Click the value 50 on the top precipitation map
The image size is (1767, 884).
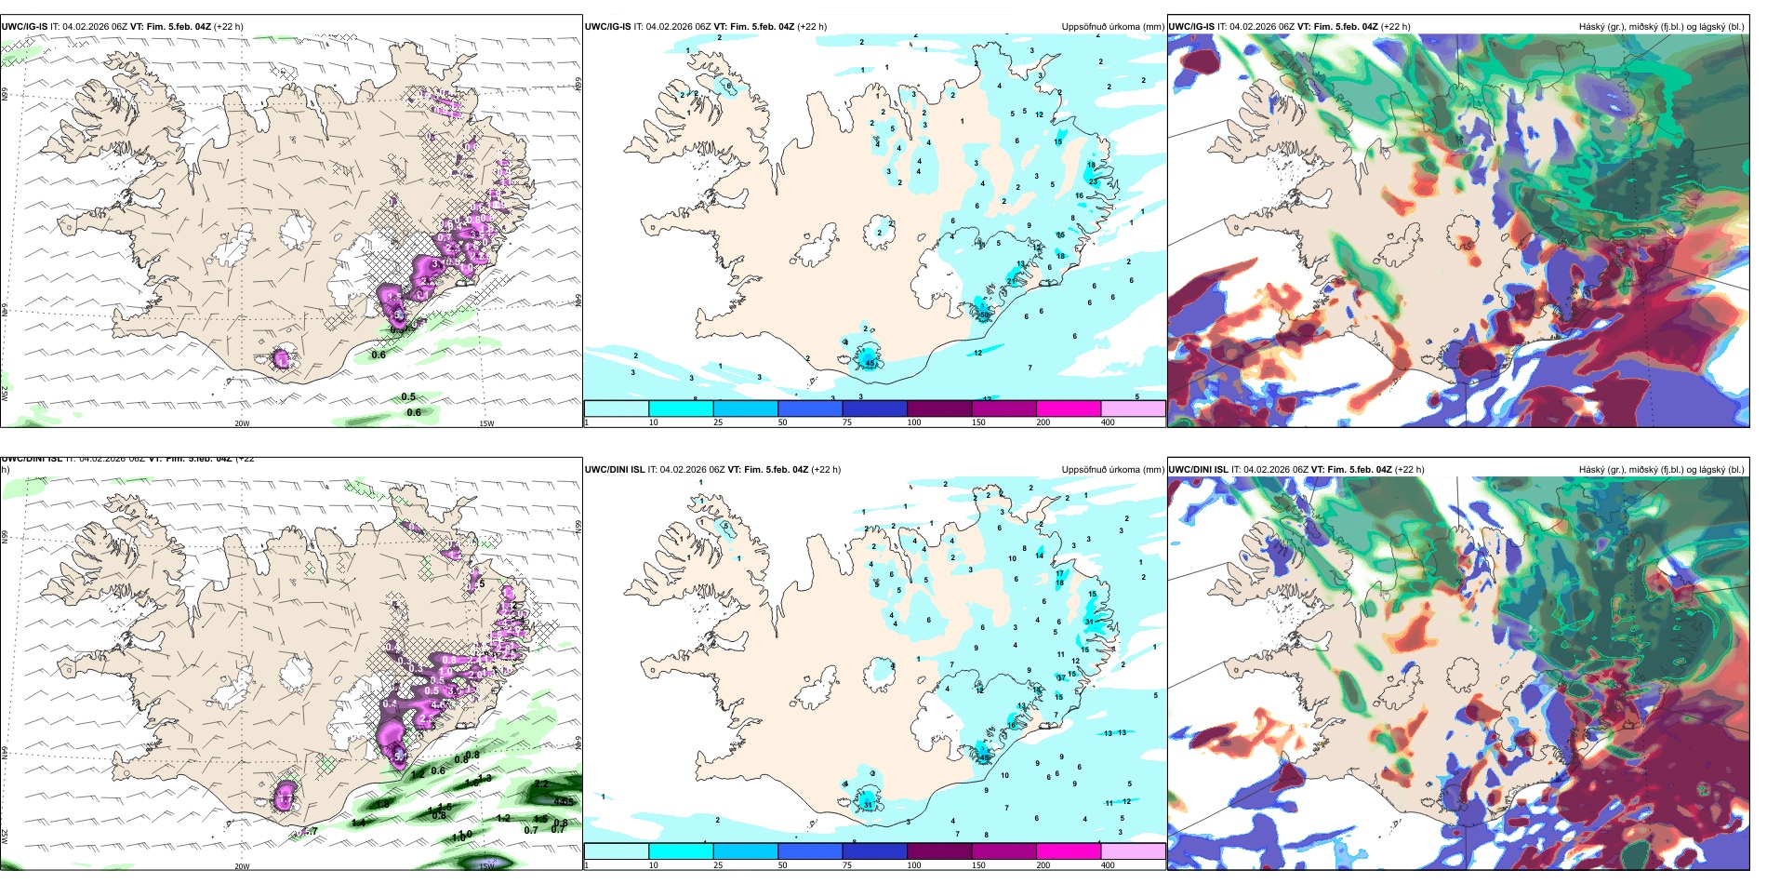(984, 315)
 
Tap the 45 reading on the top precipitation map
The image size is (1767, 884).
(870, 362)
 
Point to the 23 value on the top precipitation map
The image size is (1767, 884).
(1094, 181)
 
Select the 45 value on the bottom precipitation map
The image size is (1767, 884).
(984, 757)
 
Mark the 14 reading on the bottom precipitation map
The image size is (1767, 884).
(1040, 556)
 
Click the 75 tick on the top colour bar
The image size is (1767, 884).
(847, 422)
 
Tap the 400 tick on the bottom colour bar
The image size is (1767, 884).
(1108, 865)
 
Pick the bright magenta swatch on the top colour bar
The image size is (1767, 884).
(1068, 408)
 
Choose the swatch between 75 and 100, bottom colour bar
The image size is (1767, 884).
(874, 851)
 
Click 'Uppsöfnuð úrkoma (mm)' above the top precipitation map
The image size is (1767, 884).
(1112, 27)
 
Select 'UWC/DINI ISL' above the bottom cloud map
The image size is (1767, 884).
(1198, 470)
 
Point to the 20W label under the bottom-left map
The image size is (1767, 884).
(242, 866)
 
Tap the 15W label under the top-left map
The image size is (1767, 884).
(486, 423)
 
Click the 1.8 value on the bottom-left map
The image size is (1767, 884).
(382, 804)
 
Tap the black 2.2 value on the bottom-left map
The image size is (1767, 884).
(541, 784)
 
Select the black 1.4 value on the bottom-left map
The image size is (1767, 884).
(359, 822)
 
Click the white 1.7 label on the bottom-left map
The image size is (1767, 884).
(286, 798)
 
